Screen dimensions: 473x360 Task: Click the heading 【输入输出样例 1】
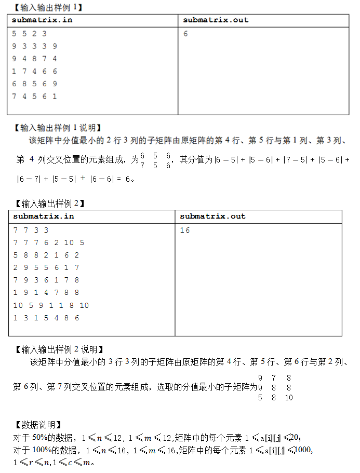[x=47, y=7]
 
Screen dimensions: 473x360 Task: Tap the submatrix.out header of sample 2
[x=212, y=216]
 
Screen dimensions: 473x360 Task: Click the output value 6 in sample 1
[x=185, y=34]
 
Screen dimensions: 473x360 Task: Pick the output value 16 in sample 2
[x=185, y=229]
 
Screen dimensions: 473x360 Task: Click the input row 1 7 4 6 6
[x=35, y=71]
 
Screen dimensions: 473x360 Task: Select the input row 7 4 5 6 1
[x=35, y=96]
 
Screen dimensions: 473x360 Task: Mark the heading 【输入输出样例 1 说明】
[x=57, y=127]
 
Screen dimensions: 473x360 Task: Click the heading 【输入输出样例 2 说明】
[x=58, y=349]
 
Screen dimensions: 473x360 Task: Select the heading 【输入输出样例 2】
[x=49, y=204]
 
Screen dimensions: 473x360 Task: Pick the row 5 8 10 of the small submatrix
[x=275, y=398]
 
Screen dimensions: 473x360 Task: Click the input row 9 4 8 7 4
[x=35, y=59]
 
